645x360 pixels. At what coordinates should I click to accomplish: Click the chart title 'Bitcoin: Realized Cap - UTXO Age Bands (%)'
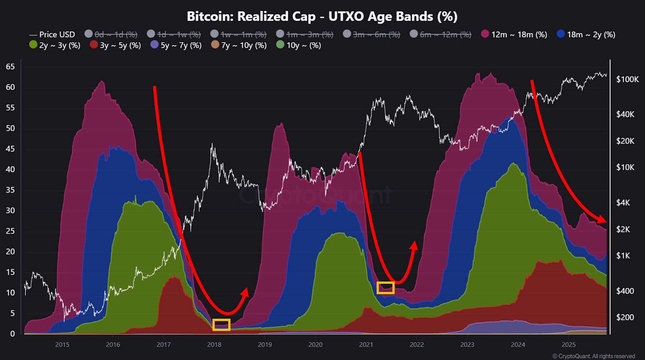click(x=322, y=17)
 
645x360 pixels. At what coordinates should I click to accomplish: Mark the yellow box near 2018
click(x=221, y=325)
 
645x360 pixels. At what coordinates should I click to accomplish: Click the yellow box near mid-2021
click(x=385, y=288)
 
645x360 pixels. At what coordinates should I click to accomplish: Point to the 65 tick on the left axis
click(x=10, y=67)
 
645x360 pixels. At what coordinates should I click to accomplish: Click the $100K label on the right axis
click(x=627, y=79)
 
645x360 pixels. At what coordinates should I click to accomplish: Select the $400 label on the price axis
click(x=625, y=291)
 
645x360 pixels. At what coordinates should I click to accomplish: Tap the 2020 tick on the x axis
click(x=315, y=345)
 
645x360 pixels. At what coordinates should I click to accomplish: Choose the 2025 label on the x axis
click(x=568, y=345)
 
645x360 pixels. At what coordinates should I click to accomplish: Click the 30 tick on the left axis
click(x=10, y=210)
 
